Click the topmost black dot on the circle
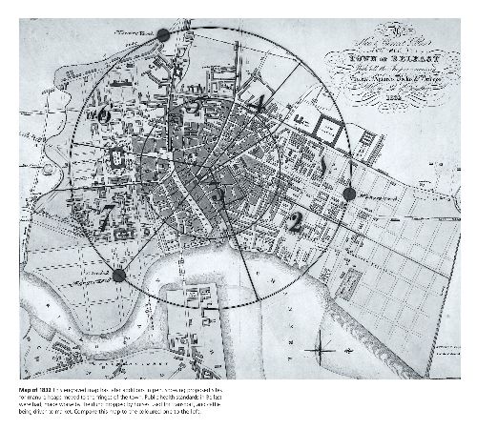[x=163, y=34]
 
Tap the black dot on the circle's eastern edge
[x=348, y=194]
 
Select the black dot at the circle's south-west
[x=118, y=276]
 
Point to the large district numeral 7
[x=110, y=212]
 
